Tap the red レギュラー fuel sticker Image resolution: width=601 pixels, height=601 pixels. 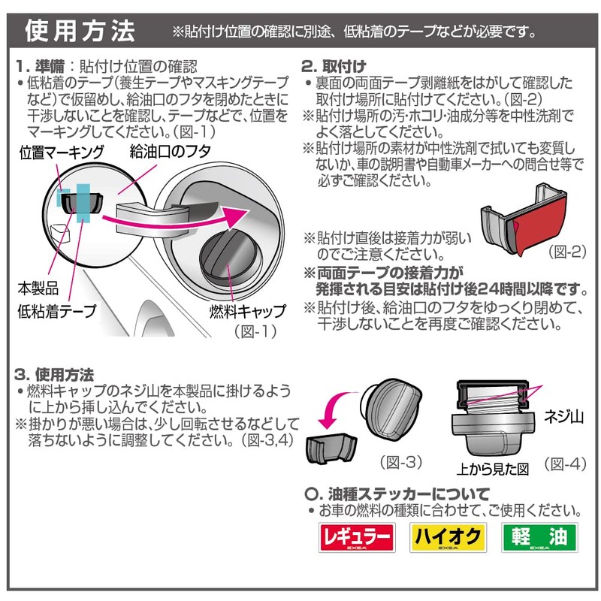coord(356,538)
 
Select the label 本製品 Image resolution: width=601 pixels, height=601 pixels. coord(35,288)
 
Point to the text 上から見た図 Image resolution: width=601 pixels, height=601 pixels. coord(492,467)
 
